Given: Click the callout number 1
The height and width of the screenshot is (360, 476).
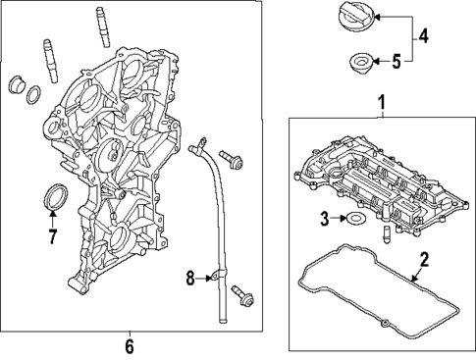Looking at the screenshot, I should [x=382, y=103].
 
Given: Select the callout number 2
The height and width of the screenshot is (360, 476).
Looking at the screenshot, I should [x=424, y=260].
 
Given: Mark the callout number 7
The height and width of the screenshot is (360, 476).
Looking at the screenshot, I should [x=53, y=234].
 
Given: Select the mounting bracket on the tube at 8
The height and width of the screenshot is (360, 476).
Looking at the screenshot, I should [x=211, y=281].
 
